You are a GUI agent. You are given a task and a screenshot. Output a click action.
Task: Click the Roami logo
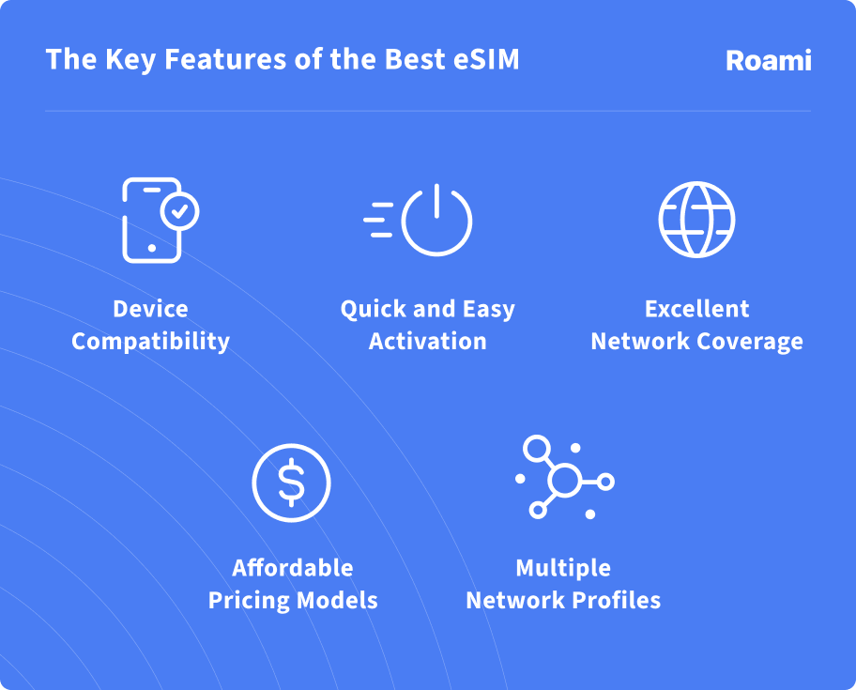click(x=768, y=61)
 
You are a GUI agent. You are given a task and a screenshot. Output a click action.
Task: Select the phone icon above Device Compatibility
click(x=151, y=221)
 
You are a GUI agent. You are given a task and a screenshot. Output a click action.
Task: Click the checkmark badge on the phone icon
click(x=179, y=211)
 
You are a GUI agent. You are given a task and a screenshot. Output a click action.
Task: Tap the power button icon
click(x=436, y=222)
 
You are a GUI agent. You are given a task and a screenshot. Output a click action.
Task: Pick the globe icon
click(x=696, y=220)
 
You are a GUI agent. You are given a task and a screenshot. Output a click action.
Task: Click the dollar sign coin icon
click(x=291, y=483)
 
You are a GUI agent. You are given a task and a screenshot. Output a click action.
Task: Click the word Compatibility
click(x=150, y=341)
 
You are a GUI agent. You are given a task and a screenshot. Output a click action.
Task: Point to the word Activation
click(x=427, y=341)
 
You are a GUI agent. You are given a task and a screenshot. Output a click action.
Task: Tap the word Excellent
click(x=696, y=309)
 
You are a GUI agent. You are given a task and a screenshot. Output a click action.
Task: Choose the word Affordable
click(x=293, y=568)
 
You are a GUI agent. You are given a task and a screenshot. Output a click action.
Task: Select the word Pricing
click(x=249, y=600)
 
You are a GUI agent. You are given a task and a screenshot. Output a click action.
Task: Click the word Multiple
click(x=563, y=568)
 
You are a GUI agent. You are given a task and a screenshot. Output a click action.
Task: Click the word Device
click(x=150, y=309)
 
